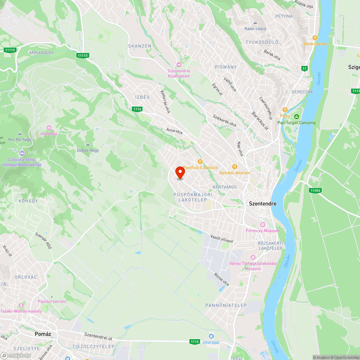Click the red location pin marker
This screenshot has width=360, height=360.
180,172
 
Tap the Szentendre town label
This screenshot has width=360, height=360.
263,203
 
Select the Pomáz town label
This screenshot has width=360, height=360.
43,334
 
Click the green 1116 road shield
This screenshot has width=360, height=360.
137,109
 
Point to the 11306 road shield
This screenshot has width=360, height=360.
315,190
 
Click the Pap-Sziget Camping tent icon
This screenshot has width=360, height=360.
296,117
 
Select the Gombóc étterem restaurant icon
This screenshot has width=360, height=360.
235,167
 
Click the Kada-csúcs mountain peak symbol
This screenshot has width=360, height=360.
255,22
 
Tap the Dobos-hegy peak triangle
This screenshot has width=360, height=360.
88,144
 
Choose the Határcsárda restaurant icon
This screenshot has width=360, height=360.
315,37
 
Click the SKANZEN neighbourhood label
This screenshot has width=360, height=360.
140,46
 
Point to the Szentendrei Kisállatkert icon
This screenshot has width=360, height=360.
179,64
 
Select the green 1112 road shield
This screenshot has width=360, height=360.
195,341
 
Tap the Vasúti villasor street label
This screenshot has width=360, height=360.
222,238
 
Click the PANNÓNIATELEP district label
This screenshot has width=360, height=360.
226,305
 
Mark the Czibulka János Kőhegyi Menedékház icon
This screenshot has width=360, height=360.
22,153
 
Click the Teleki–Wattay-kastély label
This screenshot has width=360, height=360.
21,311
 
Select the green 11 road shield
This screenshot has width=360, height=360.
305,68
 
